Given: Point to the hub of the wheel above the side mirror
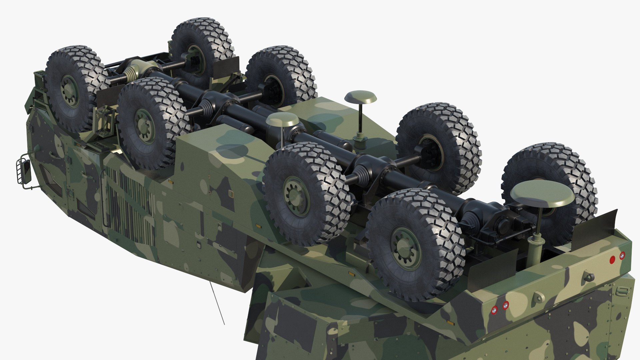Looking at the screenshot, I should point(69,90).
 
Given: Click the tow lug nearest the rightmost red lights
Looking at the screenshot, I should point(587,276).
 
